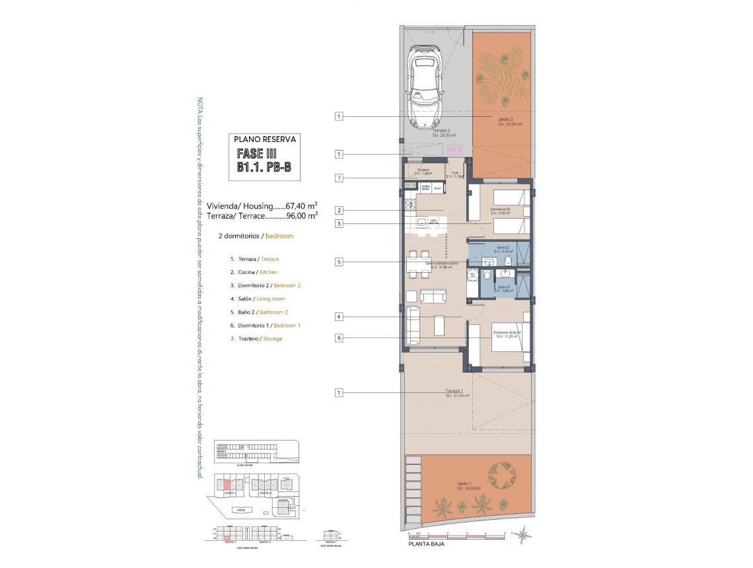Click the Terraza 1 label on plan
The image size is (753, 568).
point(456,393)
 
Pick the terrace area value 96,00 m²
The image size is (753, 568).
point(302,215)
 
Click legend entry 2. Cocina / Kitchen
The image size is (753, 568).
point(254,272)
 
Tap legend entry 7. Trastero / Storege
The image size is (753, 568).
point(256,339)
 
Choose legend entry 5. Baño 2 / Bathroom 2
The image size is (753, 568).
point(259,312)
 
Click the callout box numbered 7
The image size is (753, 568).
point(339,178)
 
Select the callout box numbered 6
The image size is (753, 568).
point(339,337)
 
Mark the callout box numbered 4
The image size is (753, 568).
point(339,317)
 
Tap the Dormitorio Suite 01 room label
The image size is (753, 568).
point(507,334)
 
